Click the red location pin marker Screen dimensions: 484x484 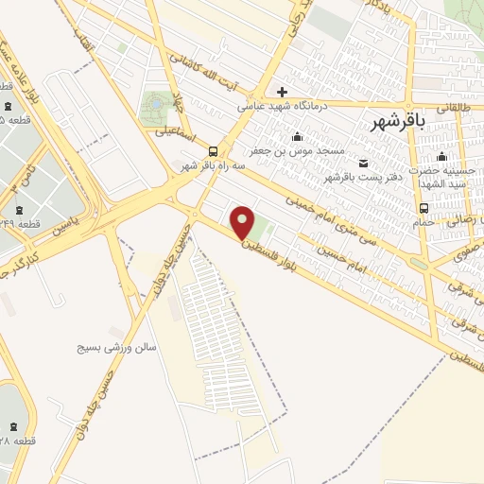[244, 222]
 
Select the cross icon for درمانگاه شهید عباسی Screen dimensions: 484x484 [282, 92]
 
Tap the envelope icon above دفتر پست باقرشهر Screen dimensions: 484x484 [364, 163]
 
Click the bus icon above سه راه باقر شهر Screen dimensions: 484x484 [212, 150]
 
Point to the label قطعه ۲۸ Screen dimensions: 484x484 [17, 441]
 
